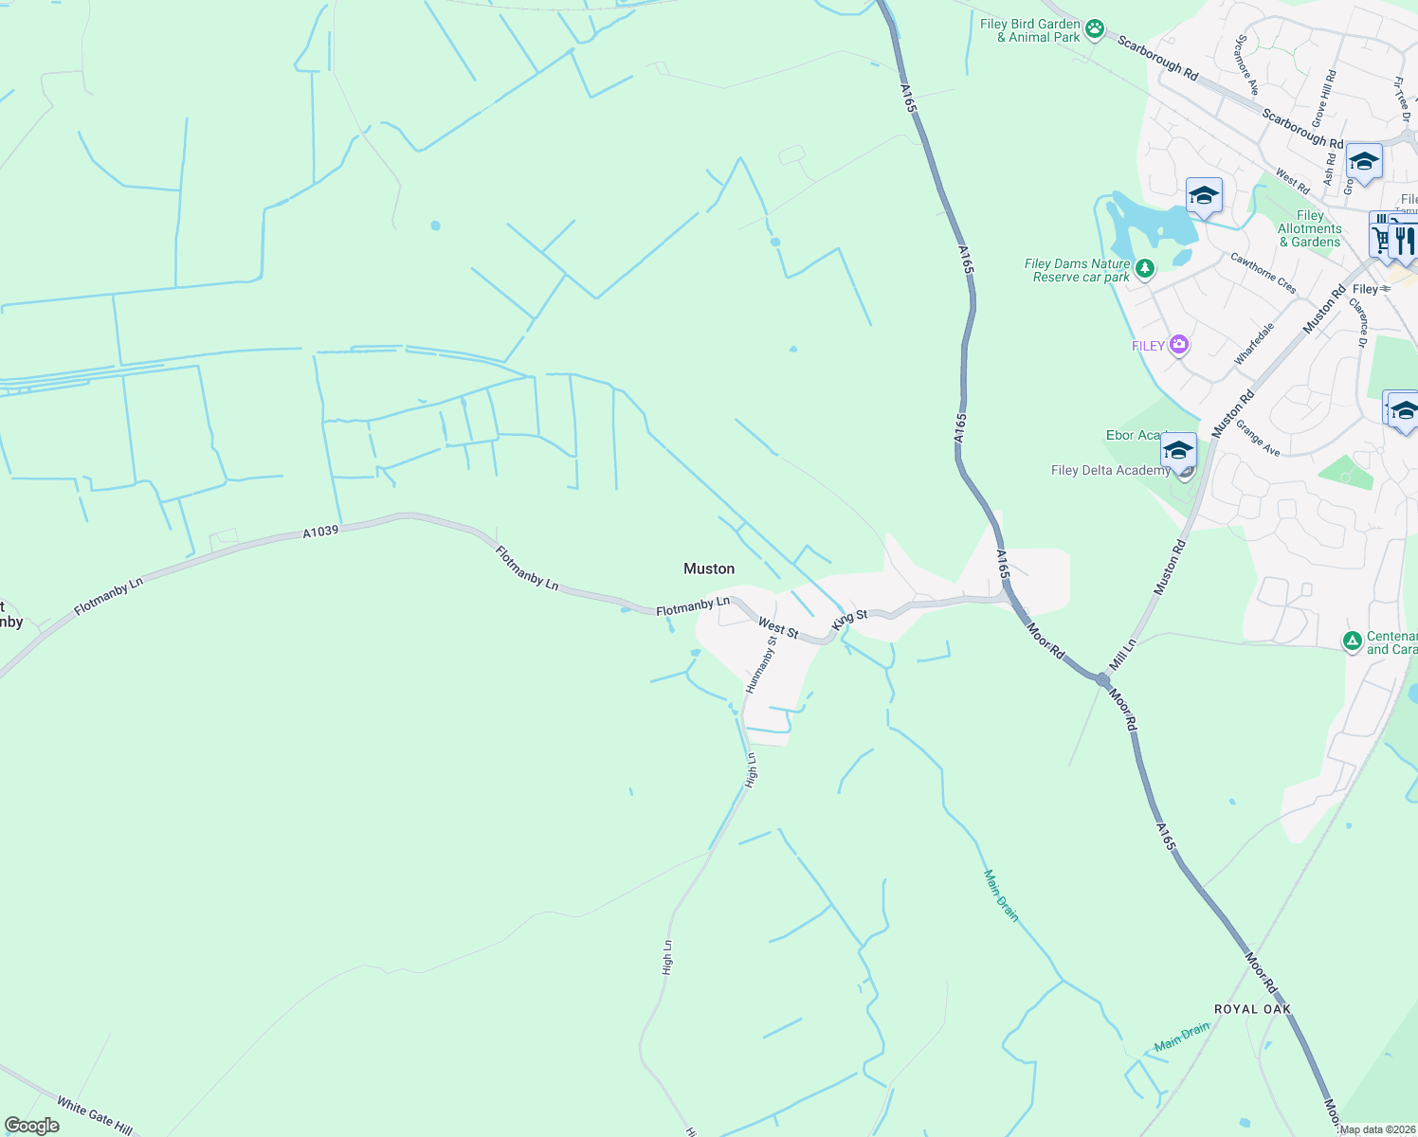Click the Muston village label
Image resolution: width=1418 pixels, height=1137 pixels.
pyautogui.click(x=709, y=568)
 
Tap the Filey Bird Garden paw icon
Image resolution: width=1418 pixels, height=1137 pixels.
pyautogui.click(x=1095, y=29)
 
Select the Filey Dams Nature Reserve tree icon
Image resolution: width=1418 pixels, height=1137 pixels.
pyautogui.click(x=1145, y=270)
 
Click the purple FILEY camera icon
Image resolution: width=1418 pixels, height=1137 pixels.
pyautogui.click(x=1178, y=345)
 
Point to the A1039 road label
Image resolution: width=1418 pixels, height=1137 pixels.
pyautogui.click(x=320, y=532)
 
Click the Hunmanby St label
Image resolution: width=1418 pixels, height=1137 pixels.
pyautogui.click(x=761, y=664)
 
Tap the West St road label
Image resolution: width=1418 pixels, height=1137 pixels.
pyautogui.click(x=778, y=628)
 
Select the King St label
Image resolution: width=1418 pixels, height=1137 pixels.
pyautogui.click(x=849, y=621)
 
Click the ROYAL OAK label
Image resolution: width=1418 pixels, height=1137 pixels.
pyautogui.click(x=1252, y=1009)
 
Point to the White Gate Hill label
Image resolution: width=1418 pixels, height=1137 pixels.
pyautogui.click(x=94, y=1115)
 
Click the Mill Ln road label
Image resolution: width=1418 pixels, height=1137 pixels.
pyautogui.click(x=1123, y=654)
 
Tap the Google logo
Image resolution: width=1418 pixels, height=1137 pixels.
pyautogui.click(x=32, y=1126)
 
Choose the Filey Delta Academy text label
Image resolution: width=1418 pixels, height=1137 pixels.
pyautogui.click(x=1110, y=471)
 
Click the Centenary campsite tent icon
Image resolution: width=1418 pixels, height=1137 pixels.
pyautogui.click(x=1353, y=641)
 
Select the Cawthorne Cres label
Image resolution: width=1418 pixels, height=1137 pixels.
pyautogui.click(x=1263, y=272)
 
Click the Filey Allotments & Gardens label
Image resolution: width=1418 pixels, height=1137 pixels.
pyautogui.click(x=1310, y=229)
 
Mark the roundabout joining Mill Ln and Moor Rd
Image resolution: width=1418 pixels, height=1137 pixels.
pyautogui.click(x=1102, y=680)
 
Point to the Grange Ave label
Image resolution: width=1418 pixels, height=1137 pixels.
pyautogui.click(x=1258, y=438)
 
